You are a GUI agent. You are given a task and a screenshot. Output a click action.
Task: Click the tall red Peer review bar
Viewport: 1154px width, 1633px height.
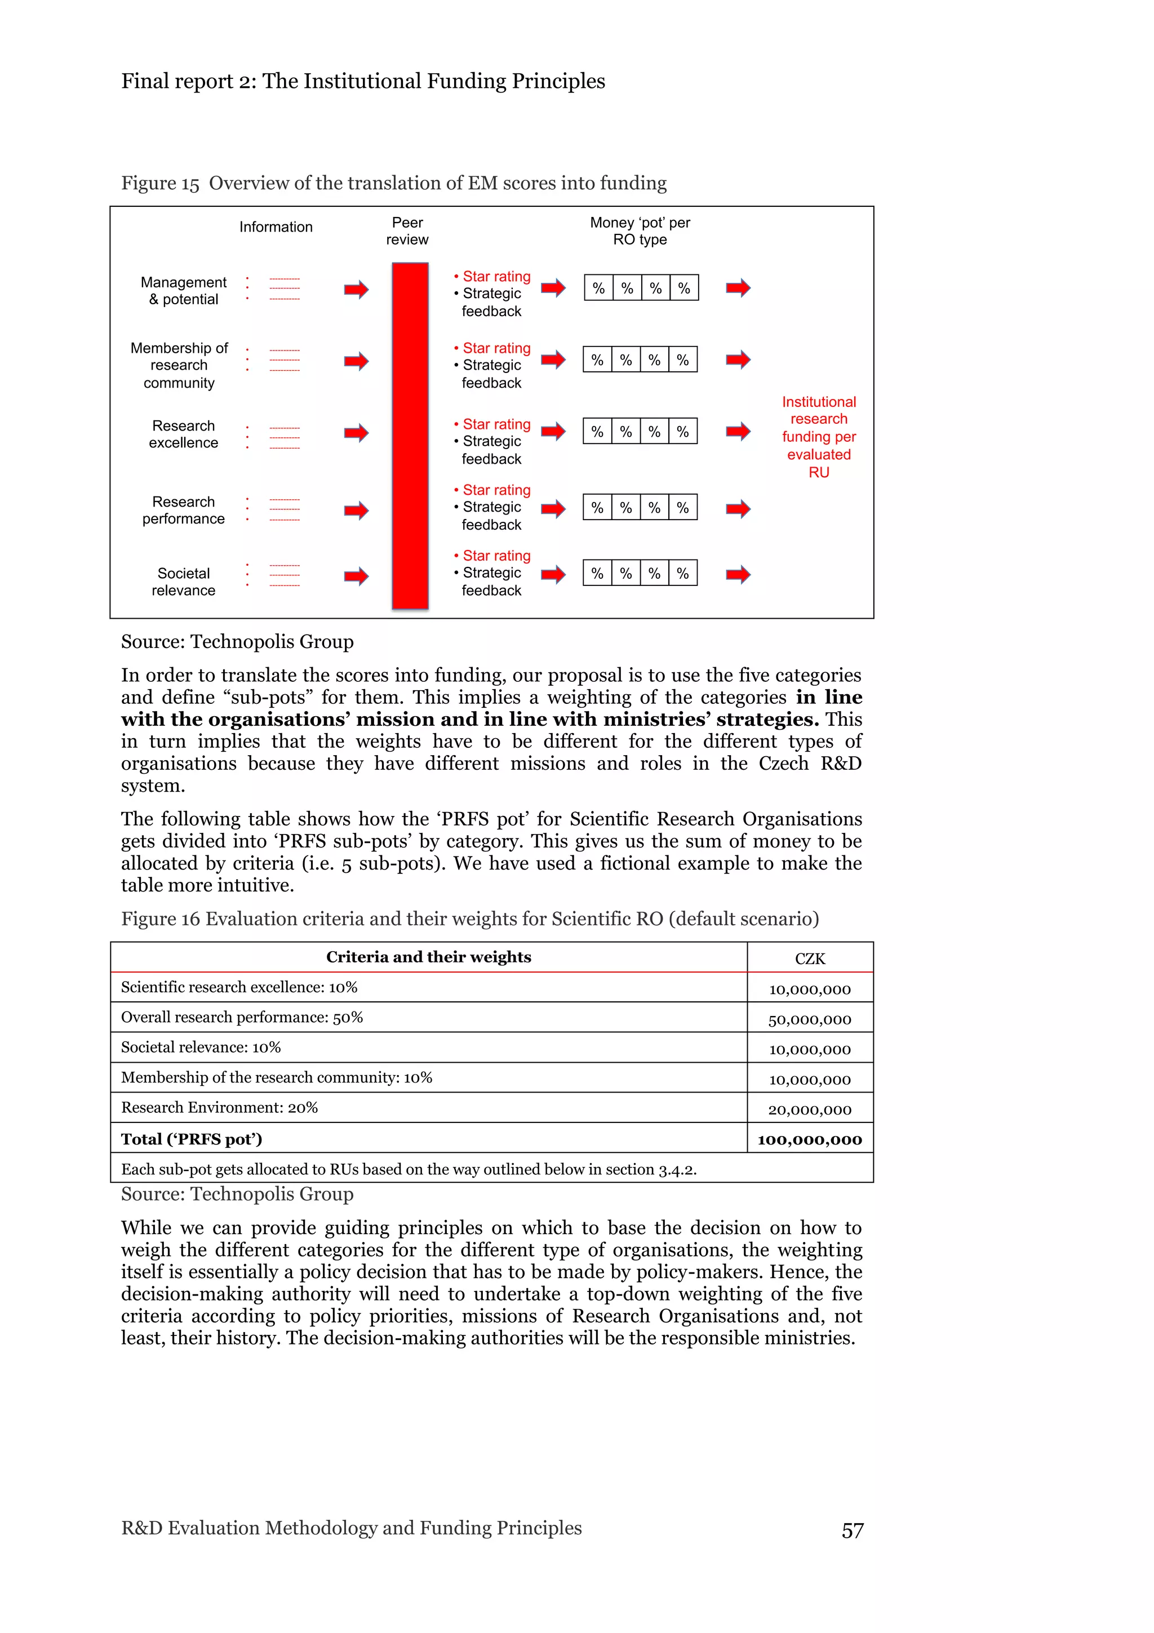410,435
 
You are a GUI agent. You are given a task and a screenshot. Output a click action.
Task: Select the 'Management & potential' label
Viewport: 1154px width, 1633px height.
184,291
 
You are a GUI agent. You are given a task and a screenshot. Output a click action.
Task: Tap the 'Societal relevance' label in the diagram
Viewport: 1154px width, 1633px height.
184,581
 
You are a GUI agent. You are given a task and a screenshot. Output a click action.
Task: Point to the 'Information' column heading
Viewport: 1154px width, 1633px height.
276,227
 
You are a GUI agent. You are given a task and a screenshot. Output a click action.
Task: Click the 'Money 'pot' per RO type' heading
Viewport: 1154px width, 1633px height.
640,231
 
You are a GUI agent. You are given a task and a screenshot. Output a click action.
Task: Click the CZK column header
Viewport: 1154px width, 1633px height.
810,958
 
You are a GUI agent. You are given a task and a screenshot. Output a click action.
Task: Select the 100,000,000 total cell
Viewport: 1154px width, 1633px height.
809,1139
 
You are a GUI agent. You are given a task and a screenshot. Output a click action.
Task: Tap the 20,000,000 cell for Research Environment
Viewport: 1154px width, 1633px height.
809,1110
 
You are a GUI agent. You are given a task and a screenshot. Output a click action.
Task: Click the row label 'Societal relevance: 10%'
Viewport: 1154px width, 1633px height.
201,1047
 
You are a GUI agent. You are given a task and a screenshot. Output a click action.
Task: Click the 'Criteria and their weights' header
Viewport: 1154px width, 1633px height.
428,957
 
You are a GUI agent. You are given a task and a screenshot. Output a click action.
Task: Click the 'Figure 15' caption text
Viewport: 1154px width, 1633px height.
160,184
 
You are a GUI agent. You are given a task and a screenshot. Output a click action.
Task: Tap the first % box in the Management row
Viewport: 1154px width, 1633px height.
598,288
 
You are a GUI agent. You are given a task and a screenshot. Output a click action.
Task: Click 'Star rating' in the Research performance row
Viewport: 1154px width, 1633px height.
496,490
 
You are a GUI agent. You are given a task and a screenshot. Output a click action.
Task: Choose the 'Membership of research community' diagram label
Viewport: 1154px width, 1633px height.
179,365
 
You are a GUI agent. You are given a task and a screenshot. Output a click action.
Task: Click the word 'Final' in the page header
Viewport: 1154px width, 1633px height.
147,81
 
